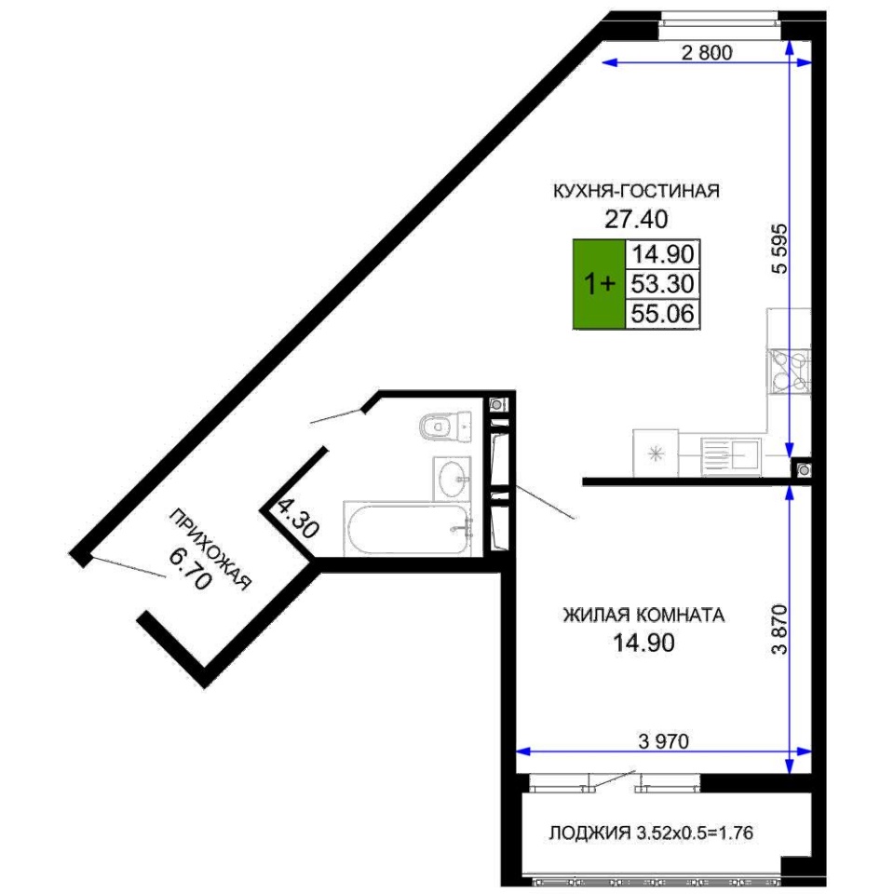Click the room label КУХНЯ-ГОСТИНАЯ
(x=636, y=190)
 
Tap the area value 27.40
(x=636, y=219)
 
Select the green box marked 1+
(x=599, y=284)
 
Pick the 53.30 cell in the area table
(x=663, y=284)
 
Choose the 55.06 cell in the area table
(x=663, y=314)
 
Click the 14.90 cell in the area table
(x=663, y=254)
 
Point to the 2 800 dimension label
(x=707, y=52)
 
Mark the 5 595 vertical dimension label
(x=779, y=249)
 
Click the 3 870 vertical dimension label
(x=779, y=629)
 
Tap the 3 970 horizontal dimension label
(x=664, y=741)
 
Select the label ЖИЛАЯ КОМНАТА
(x=643, y=616)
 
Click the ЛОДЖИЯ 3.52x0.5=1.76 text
(x=651, y=833)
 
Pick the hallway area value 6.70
(x=191, y=569)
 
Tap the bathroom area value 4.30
(x=298, y=519)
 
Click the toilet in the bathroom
(x=445, y=427)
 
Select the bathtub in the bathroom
(x=407, y=529)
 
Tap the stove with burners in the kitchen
(x=789, y=372)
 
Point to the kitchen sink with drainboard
(x=730, y=456)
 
